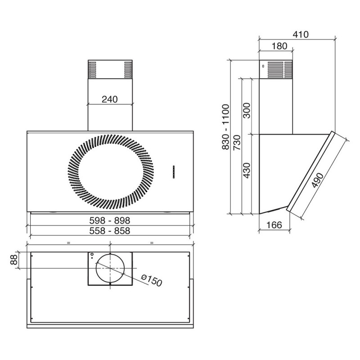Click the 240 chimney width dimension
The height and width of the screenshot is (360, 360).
110,99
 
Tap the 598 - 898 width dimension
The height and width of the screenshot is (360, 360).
110,220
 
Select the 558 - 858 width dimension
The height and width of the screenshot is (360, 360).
110,231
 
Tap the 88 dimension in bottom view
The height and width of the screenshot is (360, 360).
13,260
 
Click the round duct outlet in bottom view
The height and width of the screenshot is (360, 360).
110,268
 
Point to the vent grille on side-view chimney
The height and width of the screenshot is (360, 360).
280,70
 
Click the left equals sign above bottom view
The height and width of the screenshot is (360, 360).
68,243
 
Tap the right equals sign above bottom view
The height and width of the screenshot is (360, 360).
152,243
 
